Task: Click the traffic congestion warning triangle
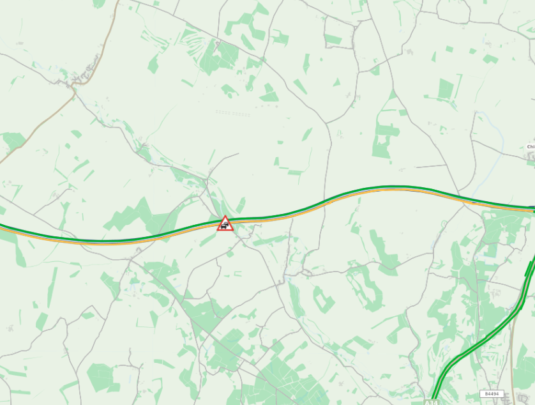pyautogui.click(x=225, y=224)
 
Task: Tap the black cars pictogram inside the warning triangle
pyautogui.click(x=225, y=225)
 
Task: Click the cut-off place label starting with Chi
pyautogui.click(x=530, y=147)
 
